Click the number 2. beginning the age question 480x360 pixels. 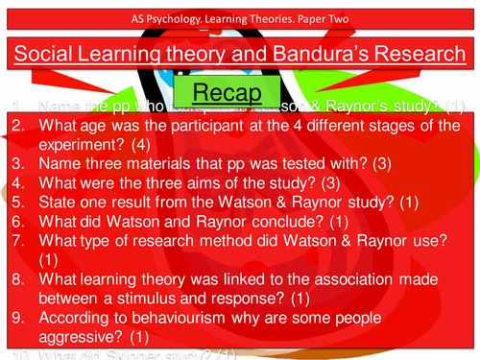coord(18,126)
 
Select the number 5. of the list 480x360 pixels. coord(18,204)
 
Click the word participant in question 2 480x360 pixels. coord(248,126)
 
